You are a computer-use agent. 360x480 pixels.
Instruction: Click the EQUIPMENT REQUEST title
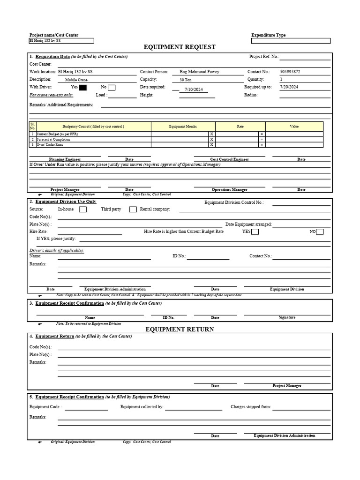point(180,47)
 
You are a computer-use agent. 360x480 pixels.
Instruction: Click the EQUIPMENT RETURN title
point(180,330)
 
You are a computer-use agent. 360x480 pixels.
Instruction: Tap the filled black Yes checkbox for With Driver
point(83,88)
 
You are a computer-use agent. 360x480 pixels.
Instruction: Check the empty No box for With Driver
point(112,88)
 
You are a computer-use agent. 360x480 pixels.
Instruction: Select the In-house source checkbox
point(82,210)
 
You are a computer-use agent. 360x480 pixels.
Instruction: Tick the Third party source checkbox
point(133,210)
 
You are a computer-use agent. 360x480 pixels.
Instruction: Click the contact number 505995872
point(290,72)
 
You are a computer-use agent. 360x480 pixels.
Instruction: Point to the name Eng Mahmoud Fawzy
point(199,72)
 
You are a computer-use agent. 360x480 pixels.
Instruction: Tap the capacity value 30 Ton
point(185,80)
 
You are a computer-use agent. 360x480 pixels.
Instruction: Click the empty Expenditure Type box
point(291,41)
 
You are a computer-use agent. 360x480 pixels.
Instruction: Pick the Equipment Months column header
point(183,127)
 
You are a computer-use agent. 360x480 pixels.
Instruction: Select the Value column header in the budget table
point(294,127)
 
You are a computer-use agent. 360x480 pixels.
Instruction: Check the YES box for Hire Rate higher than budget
point(255,232)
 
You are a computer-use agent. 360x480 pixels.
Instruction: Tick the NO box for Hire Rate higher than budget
point(320,232)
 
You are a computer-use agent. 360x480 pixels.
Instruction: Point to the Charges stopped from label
point(250,407)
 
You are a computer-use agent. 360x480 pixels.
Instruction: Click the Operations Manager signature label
point(229,190)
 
